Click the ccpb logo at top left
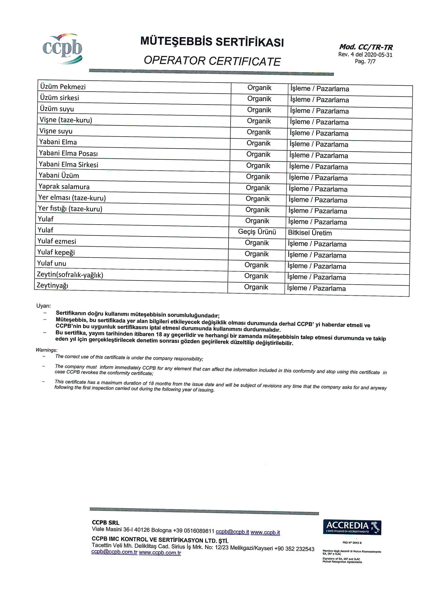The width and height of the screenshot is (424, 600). click(62, 49)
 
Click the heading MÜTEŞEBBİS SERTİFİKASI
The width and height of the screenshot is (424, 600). click(212, 42)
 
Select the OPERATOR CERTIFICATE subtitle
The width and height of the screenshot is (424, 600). click(212, 61)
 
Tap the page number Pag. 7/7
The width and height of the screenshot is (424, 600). click(365, 61)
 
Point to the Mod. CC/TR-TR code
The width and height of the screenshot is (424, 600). click(366, 47)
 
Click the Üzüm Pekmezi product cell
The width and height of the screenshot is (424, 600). click(63, 87)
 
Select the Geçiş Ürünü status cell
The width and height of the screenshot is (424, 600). click(257, 232)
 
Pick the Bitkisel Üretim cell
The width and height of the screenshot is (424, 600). click(310, 233)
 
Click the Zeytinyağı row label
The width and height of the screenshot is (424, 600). click(53, 285)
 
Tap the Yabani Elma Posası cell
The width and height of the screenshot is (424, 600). click(68, 153)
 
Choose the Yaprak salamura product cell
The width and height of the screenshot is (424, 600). click(64, 187)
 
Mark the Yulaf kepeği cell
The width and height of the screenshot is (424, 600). click(56, 252)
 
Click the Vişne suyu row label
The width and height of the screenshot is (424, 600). click(56, 131)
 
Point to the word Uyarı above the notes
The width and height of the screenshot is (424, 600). click(44, 306)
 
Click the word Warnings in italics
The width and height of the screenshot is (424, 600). click(46, 350)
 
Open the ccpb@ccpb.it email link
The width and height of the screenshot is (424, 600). click(232, 532)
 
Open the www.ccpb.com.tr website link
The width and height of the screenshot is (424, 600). click(160, 553)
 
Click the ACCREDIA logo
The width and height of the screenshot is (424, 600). click(352, 527)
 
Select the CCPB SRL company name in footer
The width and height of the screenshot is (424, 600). click(105, 522)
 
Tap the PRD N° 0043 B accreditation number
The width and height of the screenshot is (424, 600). click(352, 543)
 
